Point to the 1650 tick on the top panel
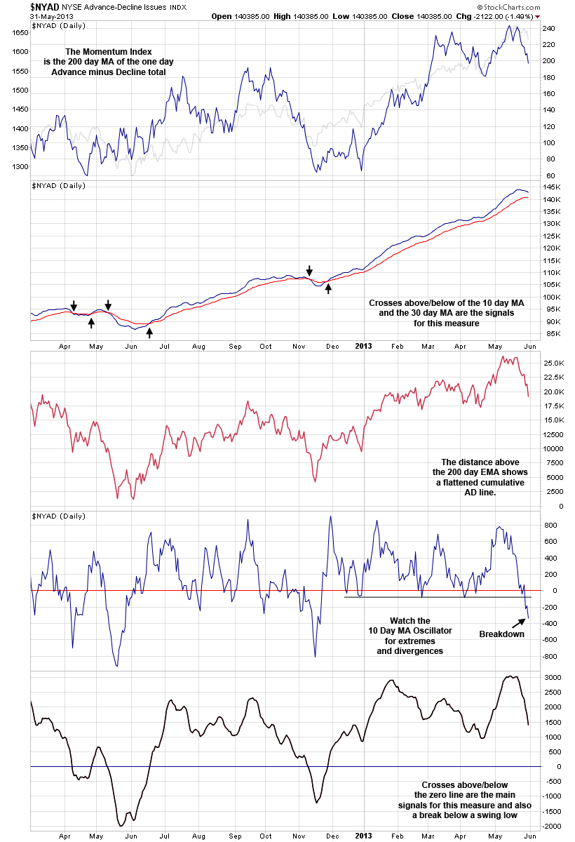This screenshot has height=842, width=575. point(20,32)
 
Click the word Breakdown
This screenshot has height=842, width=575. point(501,634)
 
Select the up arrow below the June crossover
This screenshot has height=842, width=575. point(149,333)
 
